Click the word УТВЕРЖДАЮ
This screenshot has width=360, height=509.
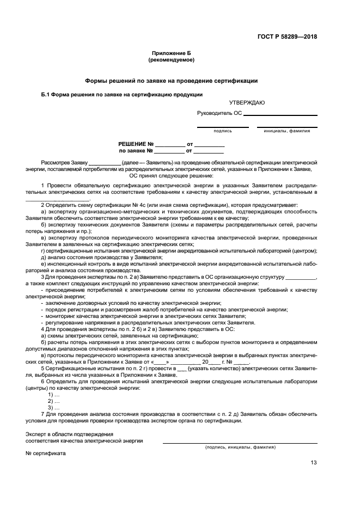pos(231,102)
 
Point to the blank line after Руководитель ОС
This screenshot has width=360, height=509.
pos(280,114)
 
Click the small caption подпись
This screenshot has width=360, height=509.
pos(223,131)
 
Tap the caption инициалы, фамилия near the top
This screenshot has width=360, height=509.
pos(287,131)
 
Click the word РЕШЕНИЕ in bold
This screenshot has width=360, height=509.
pos(136,144)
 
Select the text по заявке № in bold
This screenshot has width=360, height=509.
pos(136,151)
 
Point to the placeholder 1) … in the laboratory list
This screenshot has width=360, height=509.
pos(53,394)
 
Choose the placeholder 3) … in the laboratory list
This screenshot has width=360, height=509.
pos(53,407)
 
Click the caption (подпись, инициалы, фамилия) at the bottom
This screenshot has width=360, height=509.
pos(240,447)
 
